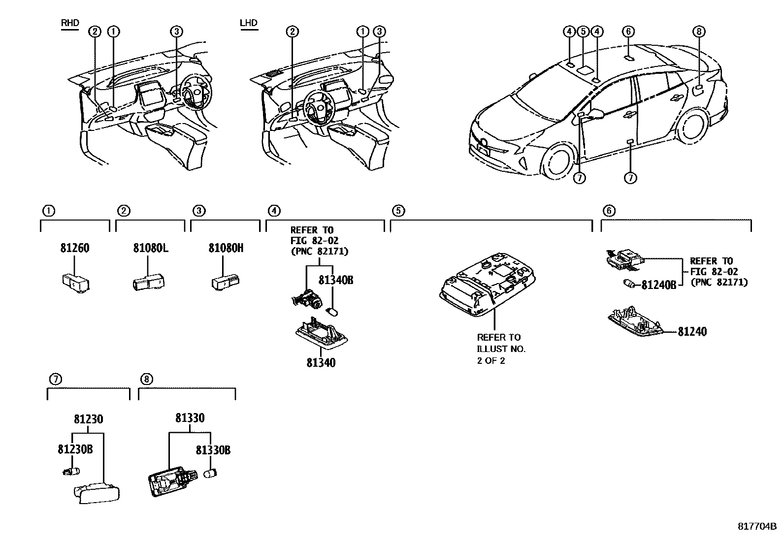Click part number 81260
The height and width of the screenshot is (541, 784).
75,248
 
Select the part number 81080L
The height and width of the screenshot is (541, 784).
150,248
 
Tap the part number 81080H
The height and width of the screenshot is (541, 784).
226,248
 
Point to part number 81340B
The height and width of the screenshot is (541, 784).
336,280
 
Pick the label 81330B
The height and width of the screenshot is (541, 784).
213,449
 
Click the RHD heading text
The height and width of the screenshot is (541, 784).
69,23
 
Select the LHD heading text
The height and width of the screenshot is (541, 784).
248,23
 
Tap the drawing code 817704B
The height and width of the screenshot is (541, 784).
756,526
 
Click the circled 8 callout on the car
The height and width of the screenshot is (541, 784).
698,32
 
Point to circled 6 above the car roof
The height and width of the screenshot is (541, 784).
628,32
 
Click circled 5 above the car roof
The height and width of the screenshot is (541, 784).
583,32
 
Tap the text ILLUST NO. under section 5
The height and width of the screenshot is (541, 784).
501,349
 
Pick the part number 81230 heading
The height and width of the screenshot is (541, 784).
89,419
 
